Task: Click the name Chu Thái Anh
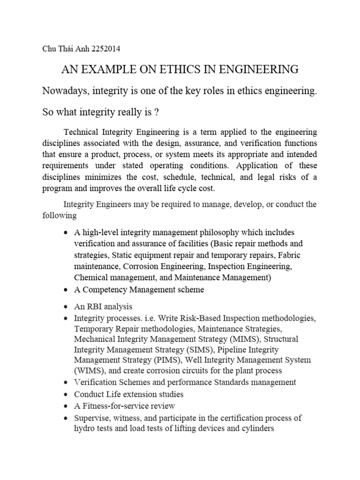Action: click(x=66, y=48)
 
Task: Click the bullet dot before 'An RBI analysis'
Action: click(x=65, y=307)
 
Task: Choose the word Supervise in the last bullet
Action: click(x=92, y=418)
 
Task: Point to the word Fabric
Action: click(x=289, y=255)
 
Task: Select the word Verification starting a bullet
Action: click(x=96, y=382)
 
